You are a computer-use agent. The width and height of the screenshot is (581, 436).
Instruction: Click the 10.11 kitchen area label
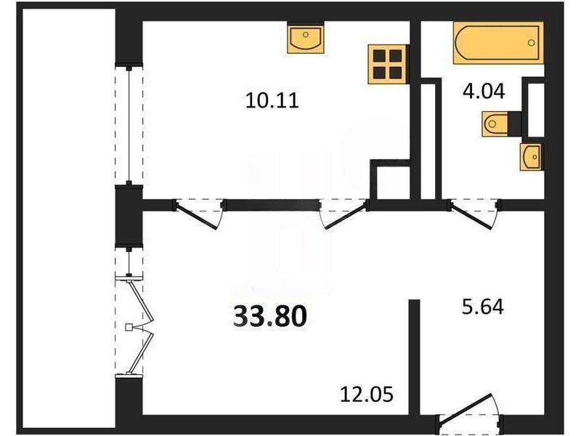point(272,100)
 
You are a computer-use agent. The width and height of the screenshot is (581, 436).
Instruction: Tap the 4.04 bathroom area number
point(484,91)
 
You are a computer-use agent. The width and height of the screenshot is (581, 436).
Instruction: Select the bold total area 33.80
point(270,317)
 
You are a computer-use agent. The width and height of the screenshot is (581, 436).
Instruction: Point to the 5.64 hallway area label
point(483,307)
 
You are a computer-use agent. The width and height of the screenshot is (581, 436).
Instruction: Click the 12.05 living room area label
point(367,395)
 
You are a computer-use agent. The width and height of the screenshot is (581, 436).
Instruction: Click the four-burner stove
point(389,64)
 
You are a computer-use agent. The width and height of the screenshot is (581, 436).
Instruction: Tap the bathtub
point(498,43)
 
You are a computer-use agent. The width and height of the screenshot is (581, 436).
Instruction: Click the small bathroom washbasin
point(532,157)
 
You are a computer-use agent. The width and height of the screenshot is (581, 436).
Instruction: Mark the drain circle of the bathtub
point(532,42)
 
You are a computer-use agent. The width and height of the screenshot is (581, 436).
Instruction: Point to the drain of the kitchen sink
point(305,34)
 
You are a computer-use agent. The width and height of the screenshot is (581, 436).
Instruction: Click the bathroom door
point(475,214)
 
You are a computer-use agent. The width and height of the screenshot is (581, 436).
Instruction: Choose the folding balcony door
point(134,326)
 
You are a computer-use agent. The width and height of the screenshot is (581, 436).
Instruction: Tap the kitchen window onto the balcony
point(129,126)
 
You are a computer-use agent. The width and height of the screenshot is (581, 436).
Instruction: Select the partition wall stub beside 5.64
point(414,357)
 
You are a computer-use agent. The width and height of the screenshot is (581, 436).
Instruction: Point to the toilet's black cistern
point(515,124)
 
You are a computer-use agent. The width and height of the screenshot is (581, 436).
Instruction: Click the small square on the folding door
point(129,327)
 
